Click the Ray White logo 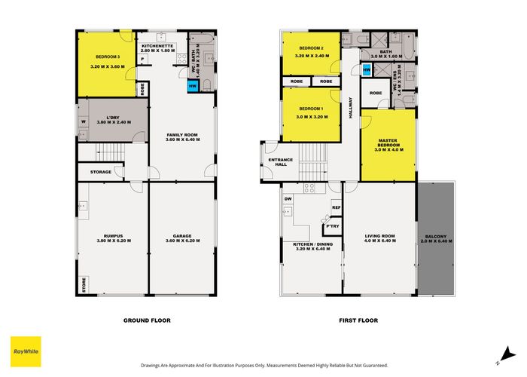click(25, 350)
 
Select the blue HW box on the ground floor click(193, 84)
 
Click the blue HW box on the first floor click(367, 70)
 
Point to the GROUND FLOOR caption click(147, 320)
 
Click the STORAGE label click(101, 172)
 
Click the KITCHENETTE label click(158, 48)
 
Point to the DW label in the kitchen click(288, 199)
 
